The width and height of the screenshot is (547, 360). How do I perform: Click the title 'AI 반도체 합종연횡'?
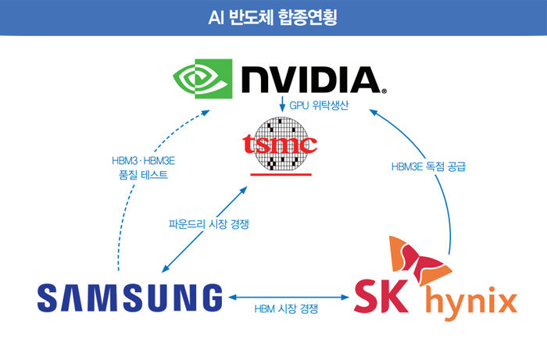pos(273,17)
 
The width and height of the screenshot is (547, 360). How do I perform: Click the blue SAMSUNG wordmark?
pos(129,298)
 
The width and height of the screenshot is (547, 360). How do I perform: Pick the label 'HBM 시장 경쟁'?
pos(286,310)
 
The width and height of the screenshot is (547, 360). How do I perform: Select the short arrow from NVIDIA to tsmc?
pos(280,106)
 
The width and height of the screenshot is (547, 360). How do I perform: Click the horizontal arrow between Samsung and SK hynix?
pos(286,298)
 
